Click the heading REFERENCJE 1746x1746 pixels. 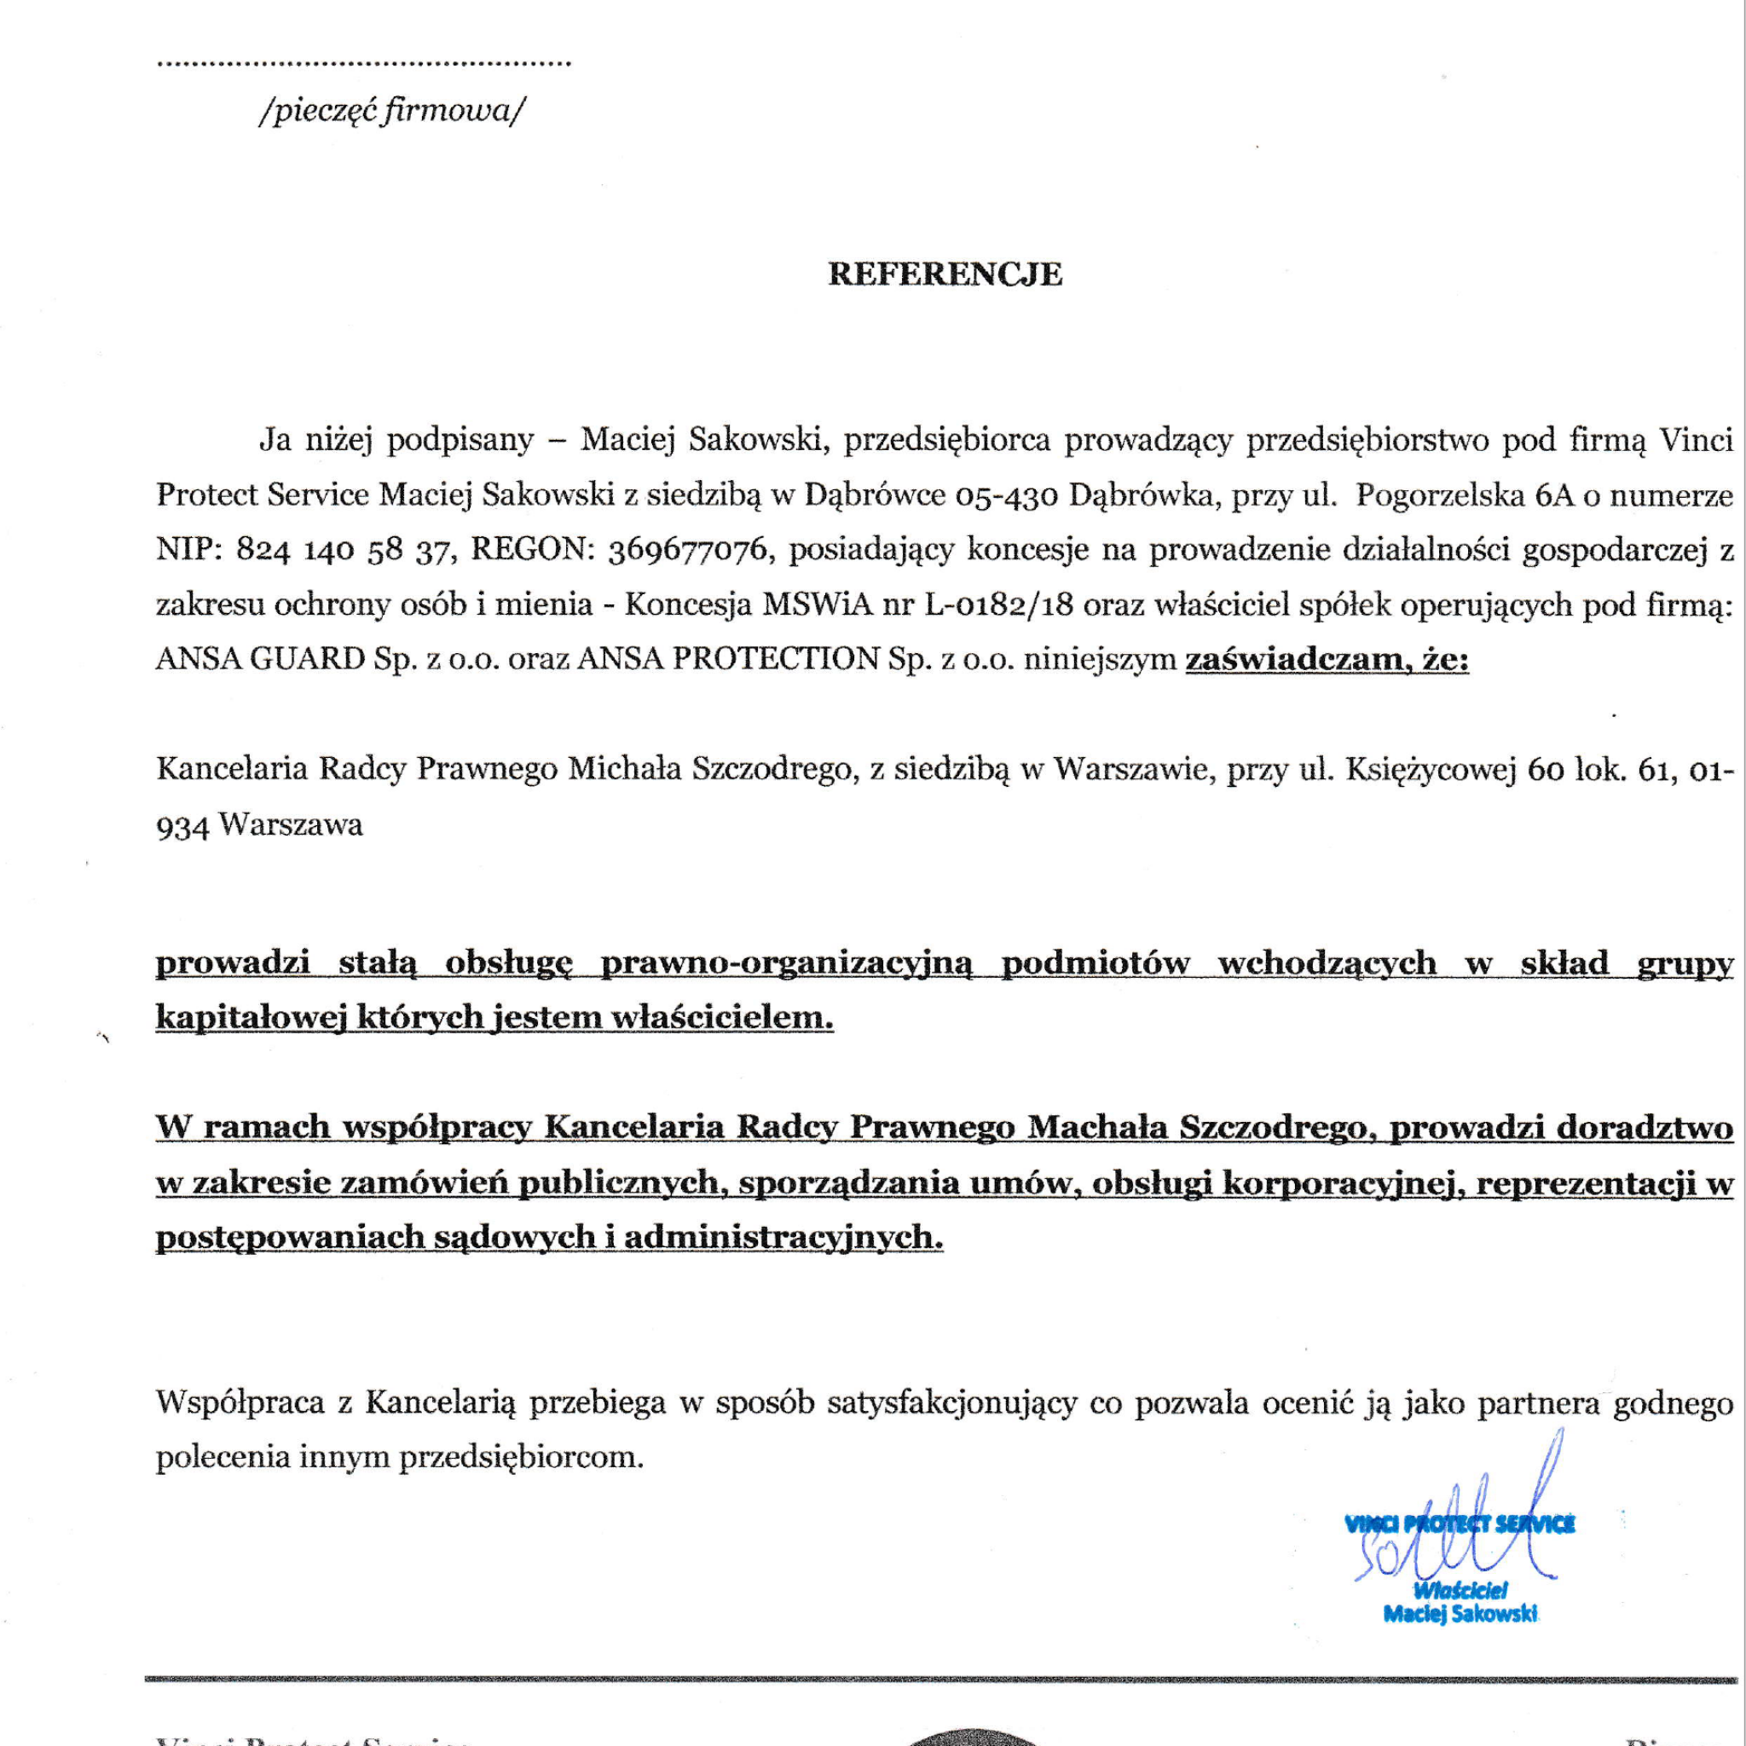(x=945, y=274)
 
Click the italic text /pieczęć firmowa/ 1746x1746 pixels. (x=391, y=111)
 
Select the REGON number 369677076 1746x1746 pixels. (x=688, y=550)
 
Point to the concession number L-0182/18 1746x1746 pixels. (x=997, y=604)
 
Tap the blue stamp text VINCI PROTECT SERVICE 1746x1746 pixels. (x=1460, y=1524)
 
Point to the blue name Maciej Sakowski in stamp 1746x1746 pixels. (x=1460, y=1614)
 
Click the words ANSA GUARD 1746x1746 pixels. (x=260, y=660)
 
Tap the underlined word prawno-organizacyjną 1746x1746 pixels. (x=786, y=963)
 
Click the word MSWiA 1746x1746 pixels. (x=817, y=604)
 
